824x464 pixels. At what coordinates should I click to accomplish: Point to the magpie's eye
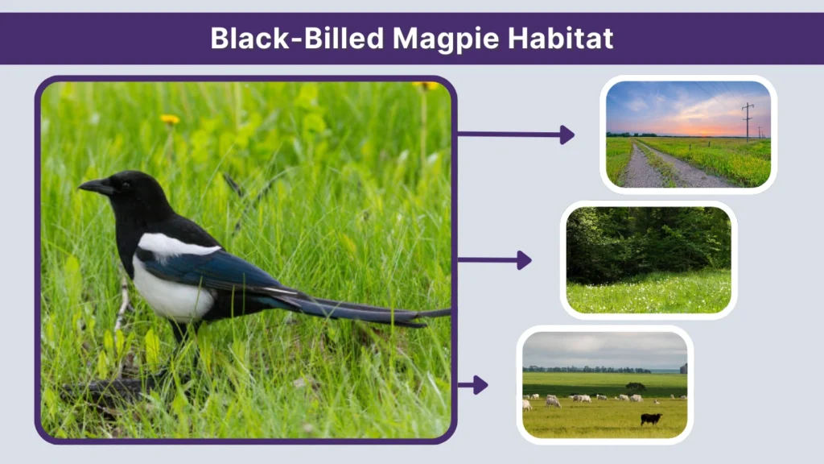122,184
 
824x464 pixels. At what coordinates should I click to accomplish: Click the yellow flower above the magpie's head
170,120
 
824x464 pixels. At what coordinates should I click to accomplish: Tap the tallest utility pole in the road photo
748,122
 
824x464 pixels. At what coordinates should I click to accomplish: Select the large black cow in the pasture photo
650,419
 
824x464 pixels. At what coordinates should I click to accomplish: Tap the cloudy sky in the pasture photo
604,349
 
